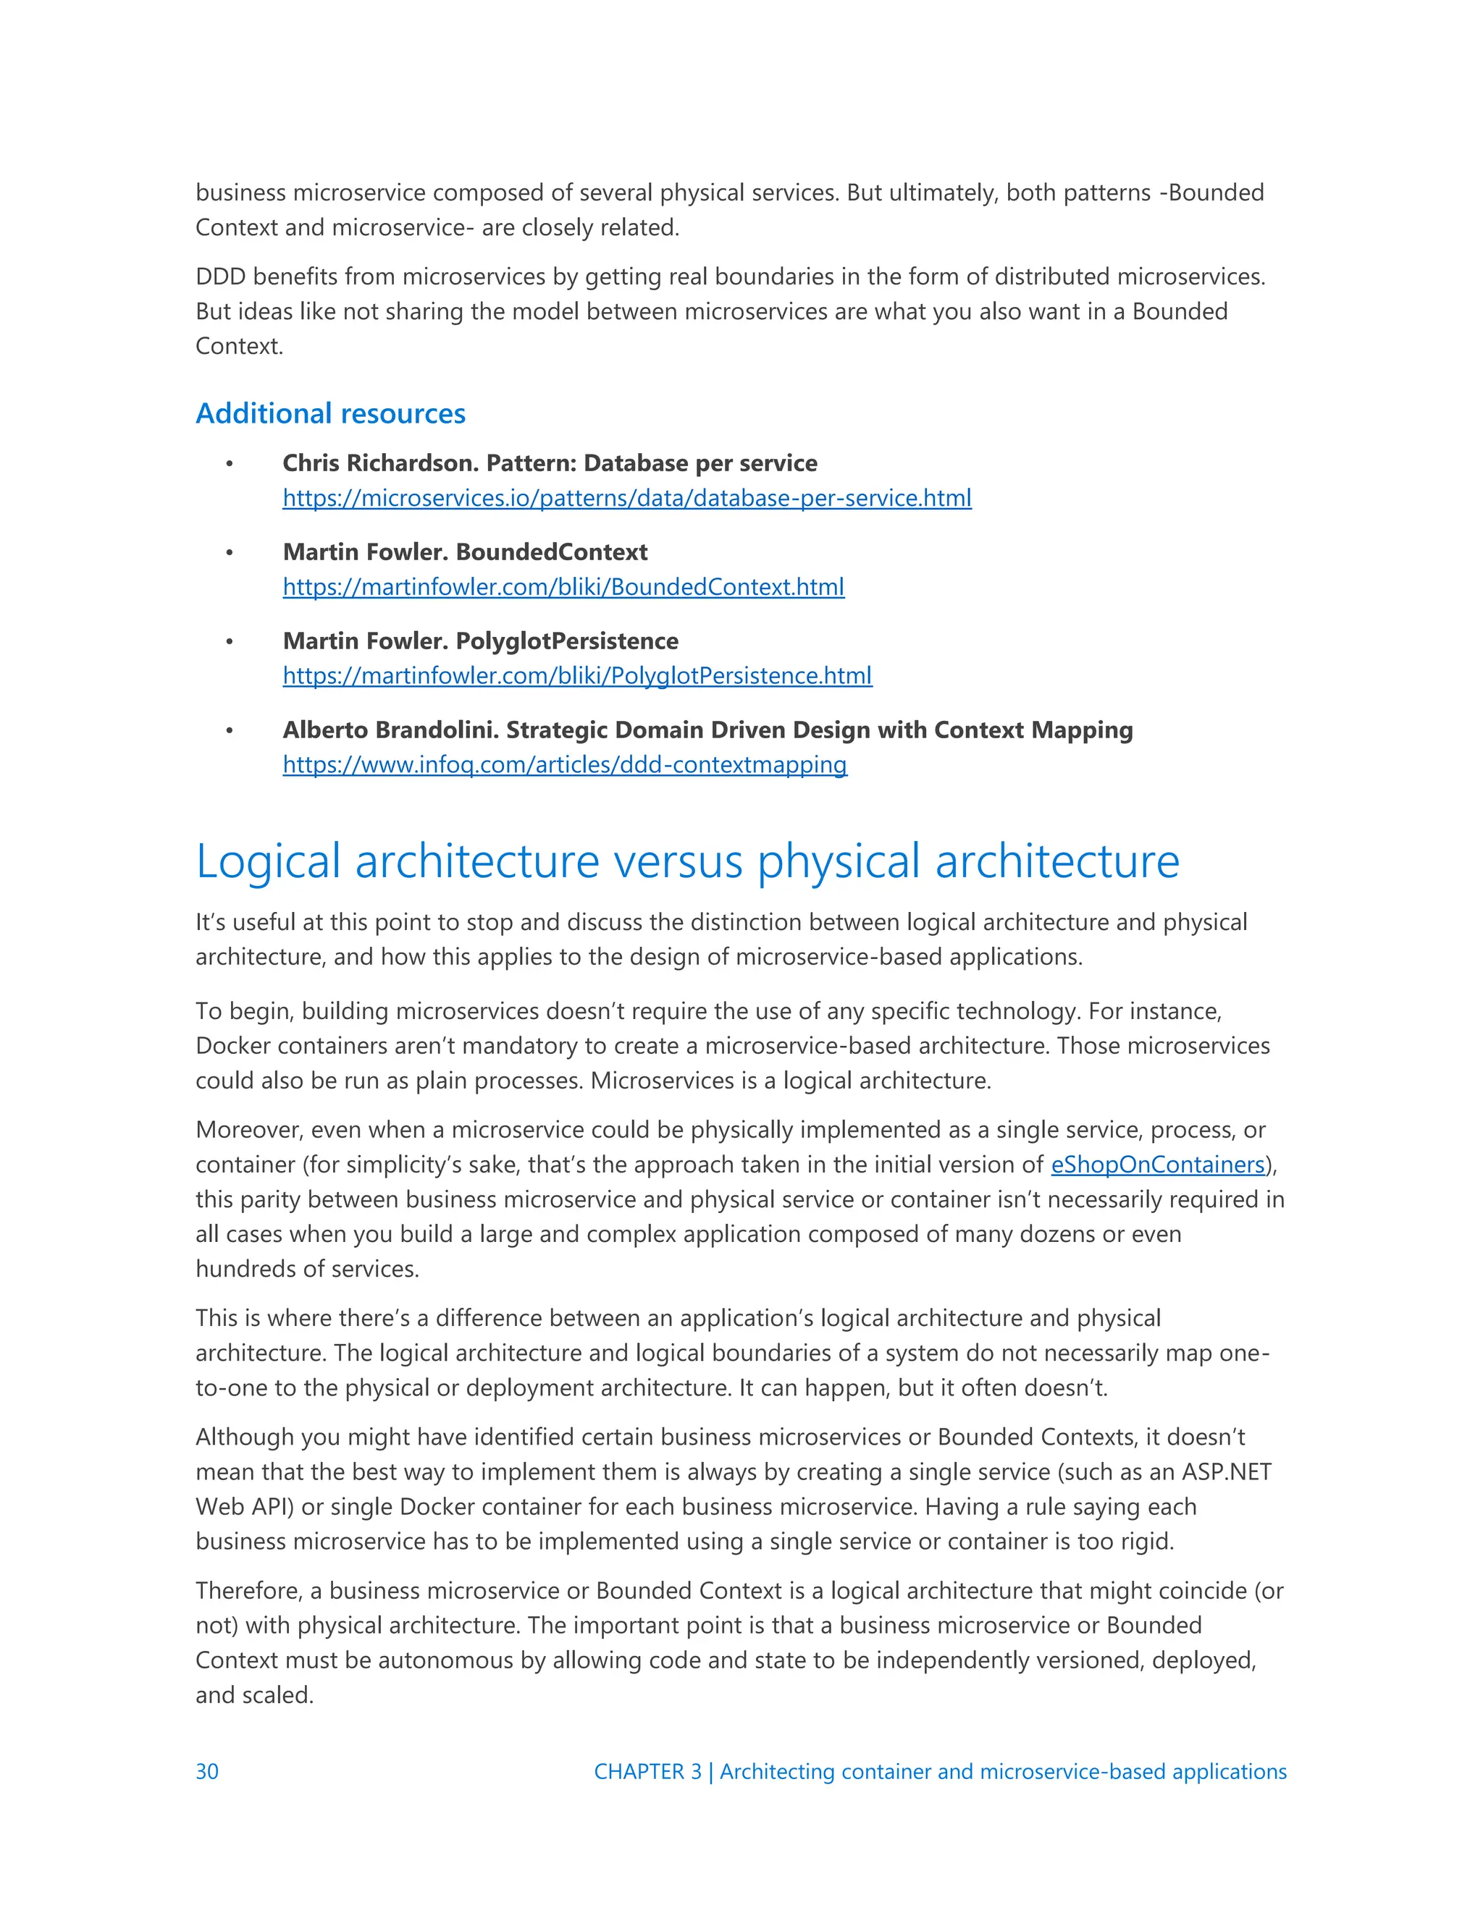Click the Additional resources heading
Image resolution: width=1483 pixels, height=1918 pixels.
pos(330,413)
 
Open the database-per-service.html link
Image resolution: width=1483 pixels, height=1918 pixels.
pos(626,498)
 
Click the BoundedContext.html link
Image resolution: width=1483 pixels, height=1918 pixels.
pos(563,587)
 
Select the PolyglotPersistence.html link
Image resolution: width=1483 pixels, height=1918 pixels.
pos(577,675)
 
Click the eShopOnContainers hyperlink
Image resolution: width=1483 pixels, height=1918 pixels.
pos(1157,1165)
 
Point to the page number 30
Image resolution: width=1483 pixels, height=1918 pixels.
pos(207,1771)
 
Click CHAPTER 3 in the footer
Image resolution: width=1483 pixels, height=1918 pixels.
pos(647,1771)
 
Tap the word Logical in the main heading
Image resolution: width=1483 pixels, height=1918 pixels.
pos(268,861)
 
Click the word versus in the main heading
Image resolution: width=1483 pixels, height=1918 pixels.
pos(679,861)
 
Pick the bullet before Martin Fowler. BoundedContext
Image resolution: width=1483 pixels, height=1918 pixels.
pos(230,552)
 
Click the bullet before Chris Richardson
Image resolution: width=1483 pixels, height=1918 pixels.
pos(230,464)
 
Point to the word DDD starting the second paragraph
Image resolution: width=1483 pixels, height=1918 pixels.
pos(221,276)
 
